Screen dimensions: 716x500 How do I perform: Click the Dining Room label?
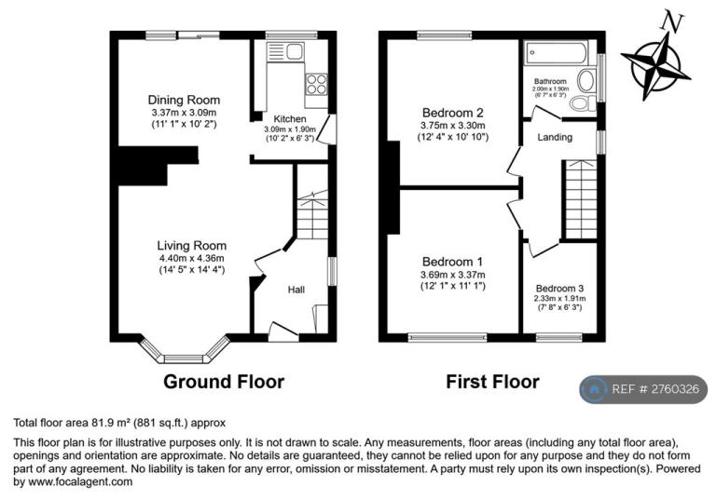coord(184,100)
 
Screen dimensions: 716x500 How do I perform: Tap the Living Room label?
coord(192,246)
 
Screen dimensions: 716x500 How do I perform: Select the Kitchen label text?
coord(290,119)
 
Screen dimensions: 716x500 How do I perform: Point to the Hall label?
coord(296,290)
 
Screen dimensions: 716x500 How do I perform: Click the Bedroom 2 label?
coord(452,113)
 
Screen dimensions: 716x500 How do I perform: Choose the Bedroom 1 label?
coord(452,262)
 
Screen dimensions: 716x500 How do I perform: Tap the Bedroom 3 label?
coord(559,289)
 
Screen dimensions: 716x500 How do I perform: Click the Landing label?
coord(555,137)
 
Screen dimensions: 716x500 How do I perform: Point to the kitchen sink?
coord(285,51)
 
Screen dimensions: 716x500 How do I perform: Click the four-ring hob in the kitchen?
coord(316,85)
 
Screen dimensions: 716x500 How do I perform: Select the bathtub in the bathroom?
coord(557,53)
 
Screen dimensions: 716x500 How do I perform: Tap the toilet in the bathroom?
coord(583,103)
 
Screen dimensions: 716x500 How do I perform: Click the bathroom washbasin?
coord(586,81)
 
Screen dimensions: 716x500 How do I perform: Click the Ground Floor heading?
coord(224,382)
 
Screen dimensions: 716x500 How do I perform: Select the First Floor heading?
coord(492,382)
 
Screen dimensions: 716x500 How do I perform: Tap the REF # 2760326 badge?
coord(643,389)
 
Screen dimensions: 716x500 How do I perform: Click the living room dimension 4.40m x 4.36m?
coord(192,258)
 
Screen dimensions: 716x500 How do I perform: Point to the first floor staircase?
coord(581,199)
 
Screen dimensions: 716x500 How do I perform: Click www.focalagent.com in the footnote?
coord(80,481)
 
